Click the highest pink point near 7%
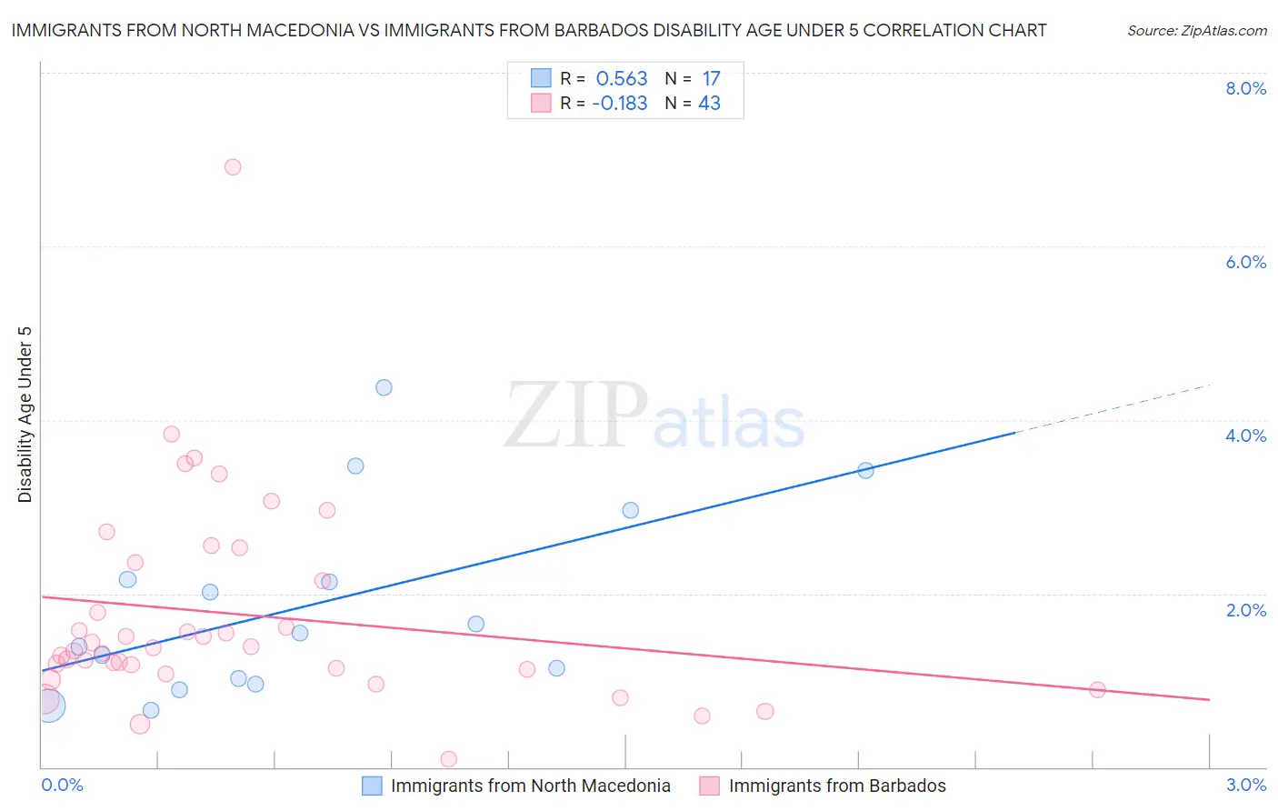233,167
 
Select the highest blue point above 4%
384,387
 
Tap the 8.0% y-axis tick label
1245,88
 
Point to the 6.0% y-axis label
1245,262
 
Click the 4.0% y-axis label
1245,436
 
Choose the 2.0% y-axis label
1245,610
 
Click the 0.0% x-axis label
62,785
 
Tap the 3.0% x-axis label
1245,785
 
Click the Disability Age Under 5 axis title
25,414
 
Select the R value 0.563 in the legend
622,79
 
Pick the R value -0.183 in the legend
619,104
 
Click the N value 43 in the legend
709,104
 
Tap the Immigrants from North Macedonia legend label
530,786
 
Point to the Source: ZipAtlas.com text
1196,31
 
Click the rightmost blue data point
865,470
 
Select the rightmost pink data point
1097,689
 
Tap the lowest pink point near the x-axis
448,759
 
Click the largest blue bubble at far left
50,706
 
